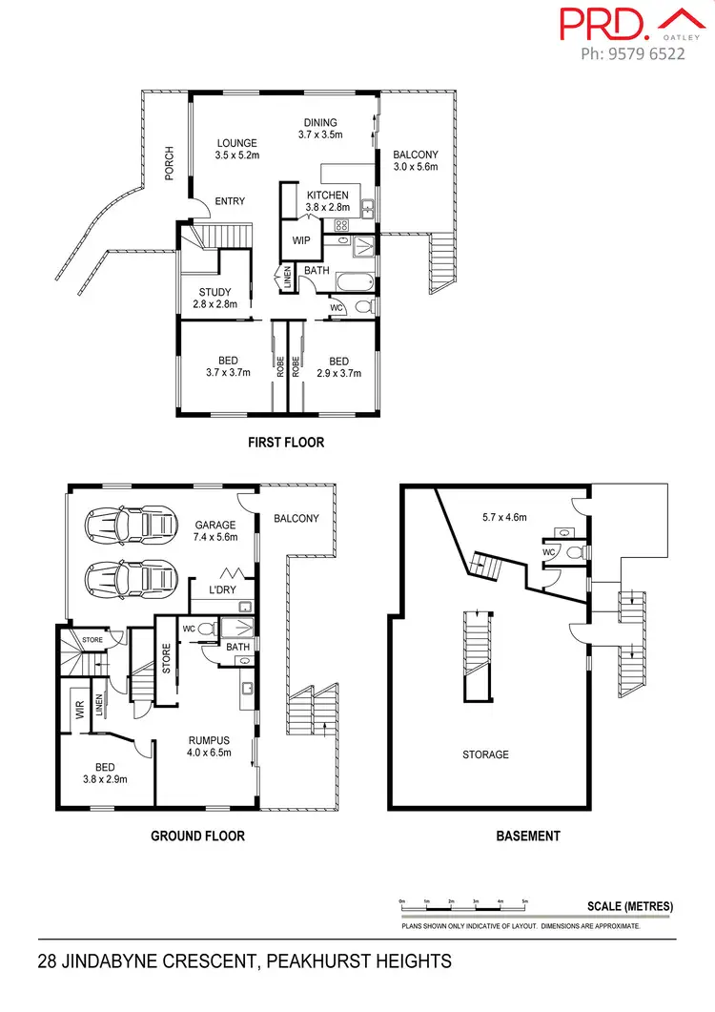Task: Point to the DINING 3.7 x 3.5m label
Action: click(320, 129)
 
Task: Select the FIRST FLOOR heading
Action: click(285, 443)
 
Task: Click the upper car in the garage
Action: click(131, 525)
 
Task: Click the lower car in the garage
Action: click(131, 578)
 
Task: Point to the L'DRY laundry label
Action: click(221, 591)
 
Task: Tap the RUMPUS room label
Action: click(208, 744)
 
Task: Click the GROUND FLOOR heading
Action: click(197, 836)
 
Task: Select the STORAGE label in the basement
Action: click(485, 754)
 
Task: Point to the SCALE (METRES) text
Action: click(630, 906)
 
